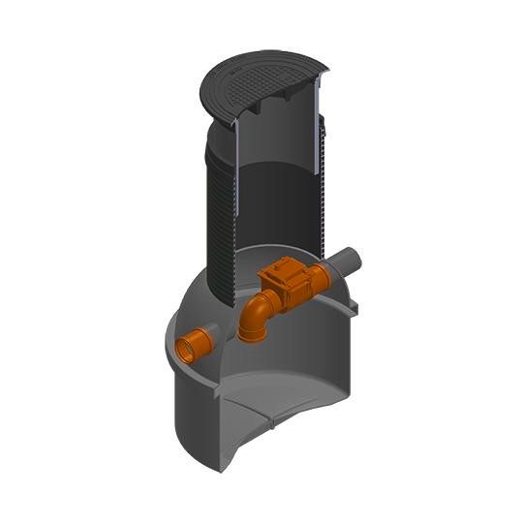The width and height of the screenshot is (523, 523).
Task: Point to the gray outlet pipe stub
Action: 347,261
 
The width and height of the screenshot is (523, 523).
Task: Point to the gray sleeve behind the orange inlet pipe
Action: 208,334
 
